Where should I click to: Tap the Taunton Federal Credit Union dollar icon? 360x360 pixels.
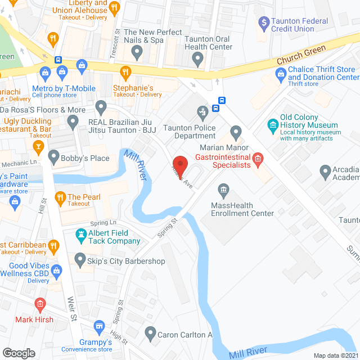coord(263,23)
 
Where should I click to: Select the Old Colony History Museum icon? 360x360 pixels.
coord(273,124)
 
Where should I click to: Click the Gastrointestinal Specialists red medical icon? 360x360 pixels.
coord(258,159)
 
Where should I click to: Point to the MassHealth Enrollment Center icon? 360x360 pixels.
coord(224,189)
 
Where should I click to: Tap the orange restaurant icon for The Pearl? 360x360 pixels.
coord(60,197)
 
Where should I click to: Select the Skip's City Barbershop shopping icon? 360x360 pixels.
coord(80,260)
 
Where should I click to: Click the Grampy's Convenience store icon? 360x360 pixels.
coord(99,326)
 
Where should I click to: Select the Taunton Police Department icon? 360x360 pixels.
coord(202,112)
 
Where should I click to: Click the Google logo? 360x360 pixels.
coord(19,353)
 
